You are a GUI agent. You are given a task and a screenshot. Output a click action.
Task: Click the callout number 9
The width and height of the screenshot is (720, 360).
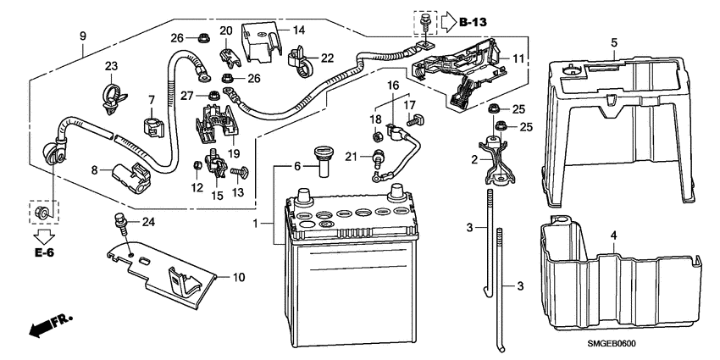coord(82,36)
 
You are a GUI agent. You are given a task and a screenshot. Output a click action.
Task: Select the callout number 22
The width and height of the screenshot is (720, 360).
coord(325,57)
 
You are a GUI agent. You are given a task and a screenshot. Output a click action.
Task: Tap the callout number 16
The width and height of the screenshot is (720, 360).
coord(393,86)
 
